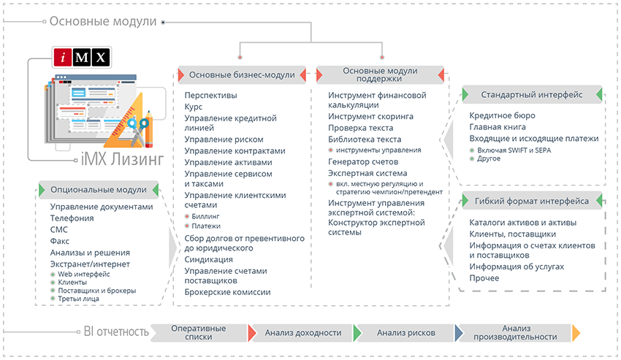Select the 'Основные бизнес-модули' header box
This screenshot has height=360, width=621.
click(x=242, y=74)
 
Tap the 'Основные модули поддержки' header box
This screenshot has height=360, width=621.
click(x=380, y=75)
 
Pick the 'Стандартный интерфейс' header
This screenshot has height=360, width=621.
click(x=532, y=95)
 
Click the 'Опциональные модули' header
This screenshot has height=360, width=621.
click(x=98, y=190)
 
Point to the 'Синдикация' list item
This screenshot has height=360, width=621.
click(x=209, y=259)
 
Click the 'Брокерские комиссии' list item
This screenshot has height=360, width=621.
click(x=227, y=292)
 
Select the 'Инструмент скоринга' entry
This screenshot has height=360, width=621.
click(x=370, y=116)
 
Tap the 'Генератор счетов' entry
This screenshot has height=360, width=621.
click(x=363, y=161)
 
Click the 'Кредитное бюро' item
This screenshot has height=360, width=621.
click(x=502, y=115)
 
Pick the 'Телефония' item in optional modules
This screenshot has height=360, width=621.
click(x=72, y=218)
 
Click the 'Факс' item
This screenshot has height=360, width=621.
click(x=61, y=240)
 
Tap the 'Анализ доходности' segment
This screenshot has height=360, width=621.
click(x=303, y=333)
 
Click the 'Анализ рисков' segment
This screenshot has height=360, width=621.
click(x=406, y=333)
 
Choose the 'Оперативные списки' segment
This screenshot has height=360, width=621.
click(x=197, y=333)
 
